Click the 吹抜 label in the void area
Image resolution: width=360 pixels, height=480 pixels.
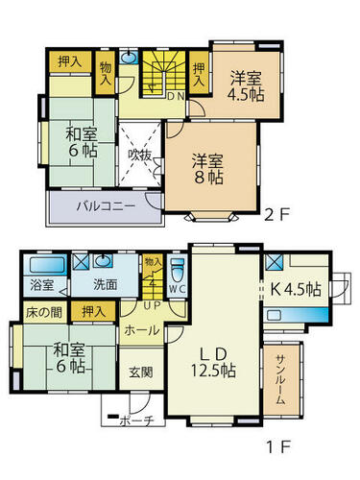click(139, 156)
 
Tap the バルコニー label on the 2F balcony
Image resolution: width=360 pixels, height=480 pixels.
click(106, 206)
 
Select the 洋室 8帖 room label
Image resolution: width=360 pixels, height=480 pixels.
click(208, 169)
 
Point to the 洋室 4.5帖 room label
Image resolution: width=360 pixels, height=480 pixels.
click(246, 86)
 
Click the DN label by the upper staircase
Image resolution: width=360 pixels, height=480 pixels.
click(176, 96)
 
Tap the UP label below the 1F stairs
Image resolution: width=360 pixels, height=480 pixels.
click(152, 305)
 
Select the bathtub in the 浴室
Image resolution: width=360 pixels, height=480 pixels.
click(47, 265)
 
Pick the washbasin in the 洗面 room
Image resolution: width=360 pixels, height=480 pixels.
click(103, 260)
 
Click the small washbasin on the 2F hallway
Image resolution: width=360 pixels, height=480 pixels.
click(129, 57)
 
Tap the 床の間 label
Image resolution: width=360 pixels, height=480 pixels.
click(44, 312)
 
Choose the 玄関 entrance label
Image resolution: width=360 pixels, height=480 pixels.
click(141, 372)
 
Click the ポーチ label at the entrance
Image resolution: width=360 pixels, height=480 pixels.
click(137, 420)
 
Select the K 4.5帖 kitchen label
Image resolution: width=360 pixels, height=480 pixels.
click(296, 289)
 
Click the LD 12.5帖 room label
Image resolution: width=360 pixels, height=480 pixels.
click(213, 362)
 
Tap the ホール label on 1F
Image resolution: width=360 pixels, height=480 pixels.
click(142, 330)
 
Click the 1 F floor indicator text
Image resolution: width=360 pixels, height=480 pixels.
click(278, 447)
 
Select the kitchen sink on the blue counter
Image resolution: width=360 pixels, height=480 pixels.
click(275, 315)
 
